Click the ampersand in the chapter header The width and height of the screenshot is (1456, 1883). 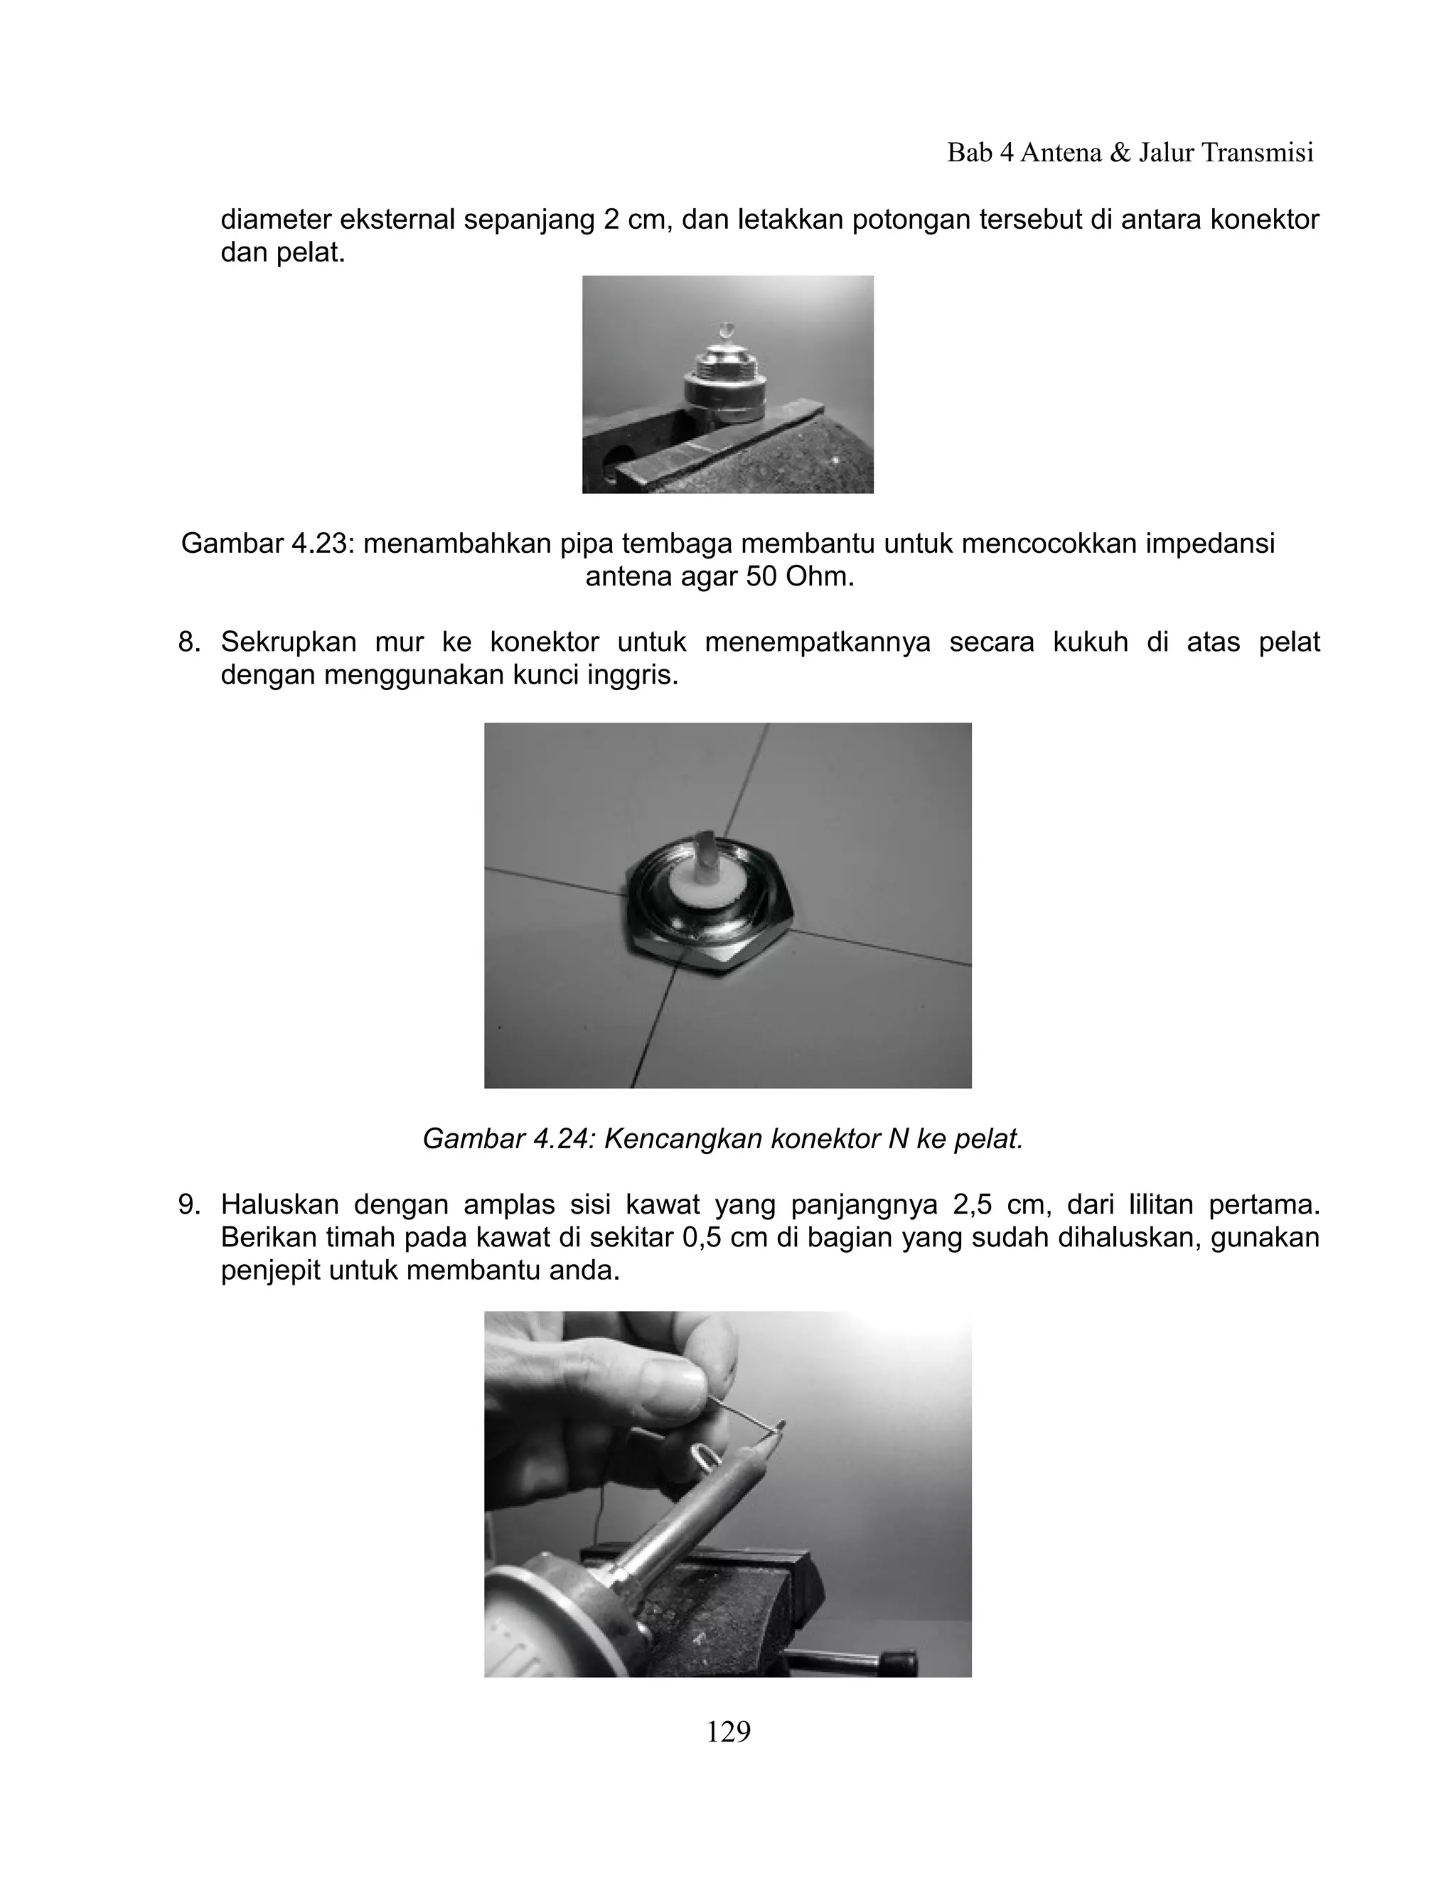[x=1120, y=153]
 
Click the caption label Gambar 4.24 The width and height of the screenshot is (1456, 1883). [x=508, y=1139]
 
